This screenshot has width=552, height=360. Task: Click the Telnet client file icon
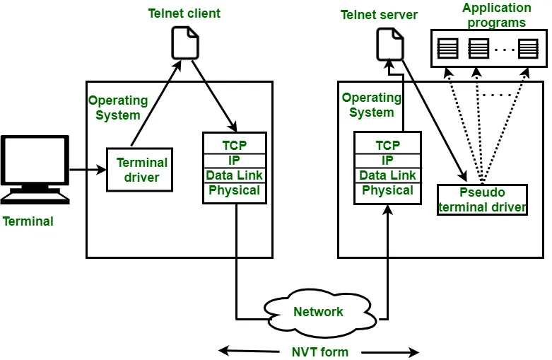(185, 42)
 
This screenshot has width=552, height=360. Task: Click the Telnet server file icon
(389, 44)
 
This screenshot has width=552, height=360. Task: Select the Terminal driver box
(140, 170)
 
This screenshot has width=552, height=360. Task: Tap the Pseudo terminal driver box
(482, 200)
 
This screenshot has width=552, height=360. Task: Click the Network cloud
(317, 312)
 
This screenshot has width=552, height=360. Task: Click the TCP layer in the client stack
(234, 145)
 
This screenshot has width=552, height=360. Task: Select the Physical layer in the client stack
(234, 190)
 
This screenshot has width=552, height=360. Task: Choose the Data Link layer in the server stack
(387, 175)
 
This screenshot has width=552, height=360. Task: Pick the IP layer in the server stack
(387, 161)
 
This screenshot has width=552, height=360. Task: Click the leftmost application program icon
(447, 49)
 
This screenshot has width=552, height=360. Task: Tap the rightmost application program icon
(527, 49)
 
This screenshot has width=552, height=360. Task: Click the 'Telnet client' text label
(184, 13)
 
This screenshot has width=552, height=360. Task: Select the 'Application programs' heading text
(496, 15)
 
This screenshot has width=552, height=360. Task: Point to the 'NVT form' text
(319, 352)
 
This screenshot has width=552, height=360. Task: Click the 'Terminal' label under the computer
(28, 221)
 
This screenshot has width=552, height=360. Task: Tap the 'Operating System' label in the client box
(118, 108)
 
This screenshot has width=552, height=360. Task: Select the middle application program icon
(478, 49)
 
